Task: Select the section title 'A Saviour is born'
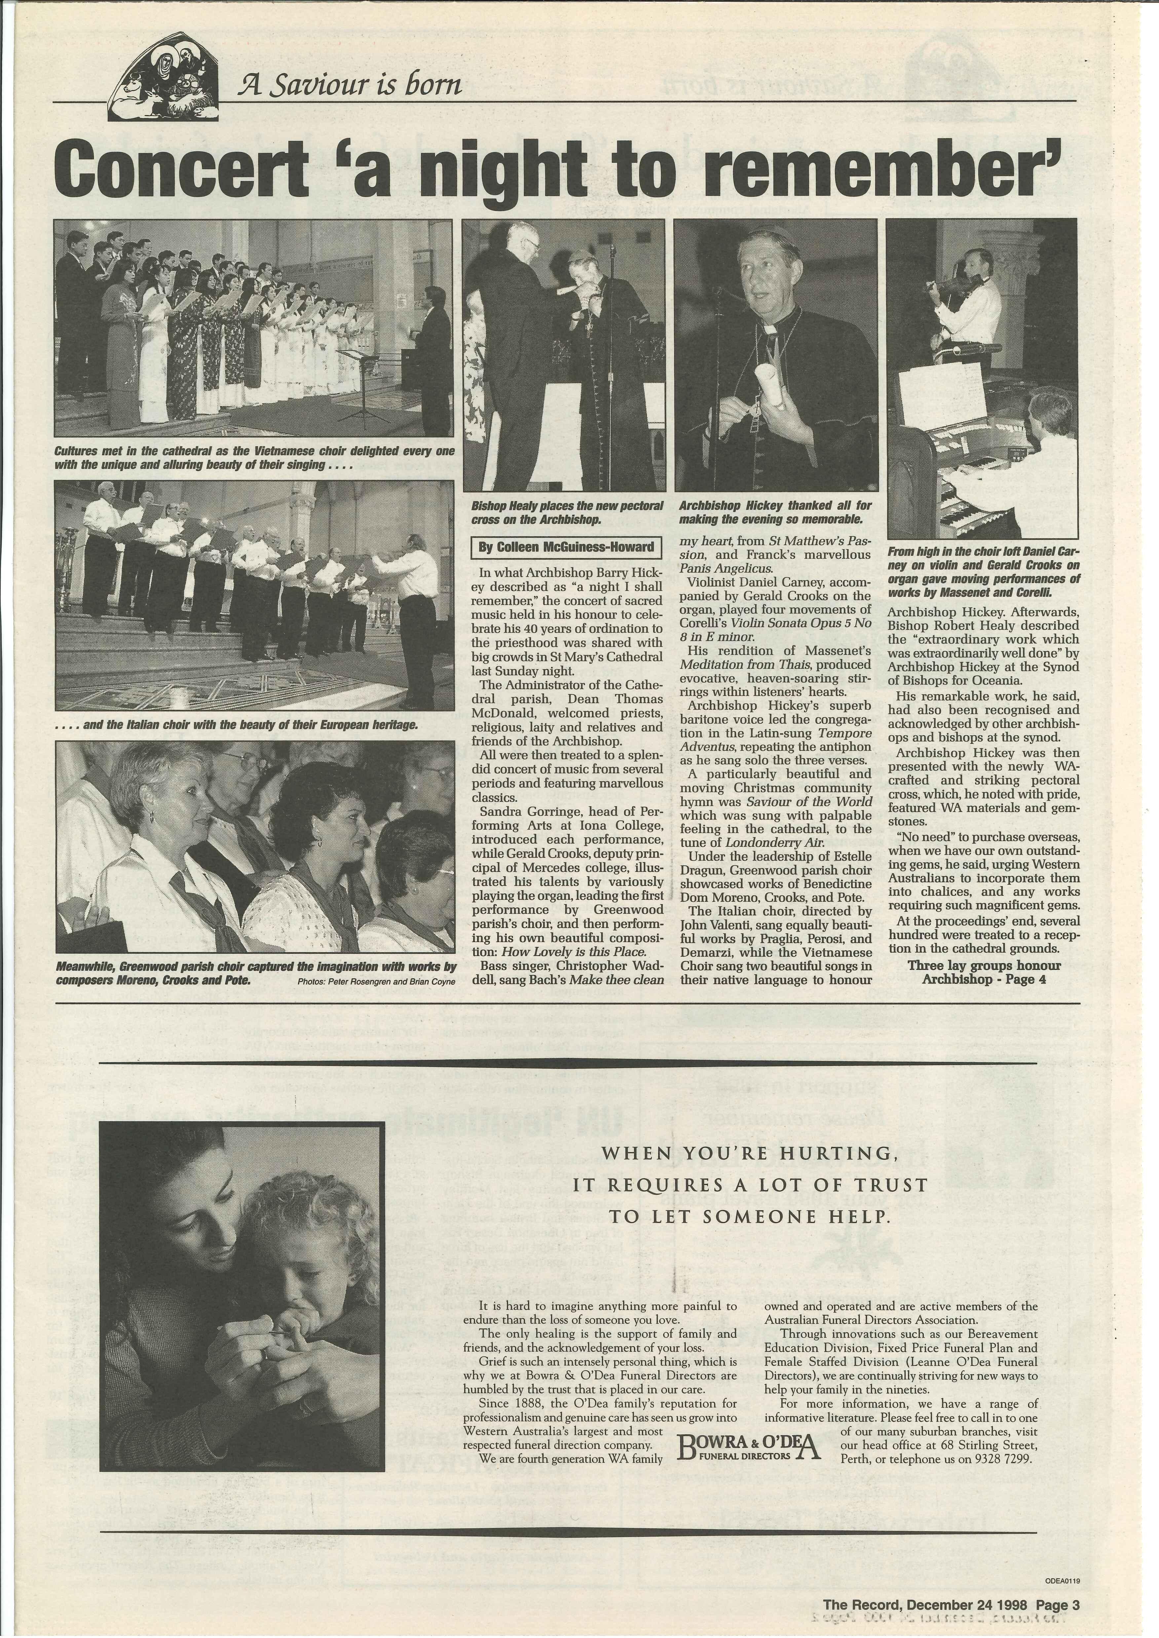(x=350, y=86)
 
